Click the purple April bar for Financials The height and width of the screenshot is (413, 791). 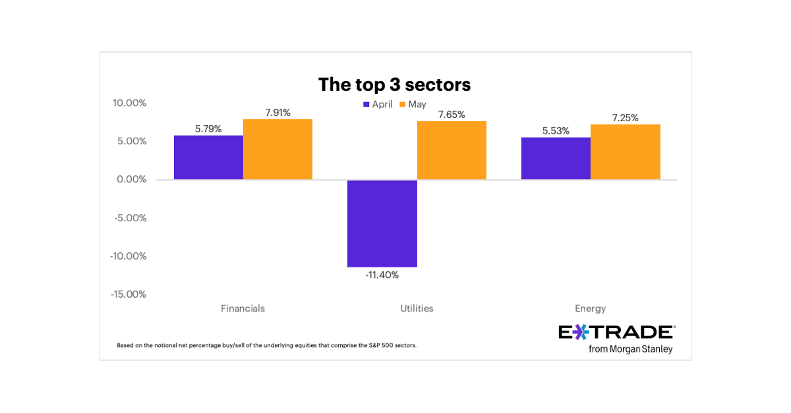click(208, 157)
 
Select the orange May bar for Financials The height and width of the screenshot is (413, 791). click(278, 150)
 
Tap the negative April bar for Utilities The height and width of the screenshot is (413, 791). click(382, 223)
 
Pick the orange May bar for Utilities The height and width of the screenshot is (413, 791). click(452, 150)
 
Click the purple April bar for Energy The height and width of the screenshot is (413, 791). click(556, 158)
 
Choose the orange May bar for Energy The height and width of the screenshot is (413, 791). click(625, 151)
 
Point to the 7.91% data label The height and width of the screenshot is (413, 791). click(278, 113)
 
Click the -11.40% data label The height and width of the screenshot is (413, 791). click(382, 275)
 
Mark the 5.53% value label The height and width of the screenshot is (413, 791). click(556, 131)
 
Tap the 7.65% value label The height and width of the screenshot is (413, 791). click(452, 115)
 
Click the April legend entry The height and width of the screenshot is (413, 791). click(378, 104)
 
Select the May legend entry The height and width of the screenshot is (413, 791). click(413, 104)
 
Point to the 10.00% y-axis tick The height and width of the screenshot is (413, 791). click(129, 103)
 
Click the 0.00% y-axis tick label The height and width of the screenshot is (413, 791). click(132, 179)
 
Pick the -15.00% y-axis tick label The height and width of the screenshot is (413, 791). click(128, 294)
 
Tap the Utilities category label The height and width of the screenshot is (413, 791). click(417, 308)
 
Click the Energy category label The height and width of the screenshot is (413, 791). click(590, 308)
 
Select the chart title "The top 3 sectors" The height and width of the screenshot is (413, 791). click(394, 84)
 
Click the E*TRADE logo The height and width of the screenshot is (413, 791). click(616, 332)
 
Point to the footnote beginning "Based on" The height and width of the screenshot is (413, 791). click(266, 345)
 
